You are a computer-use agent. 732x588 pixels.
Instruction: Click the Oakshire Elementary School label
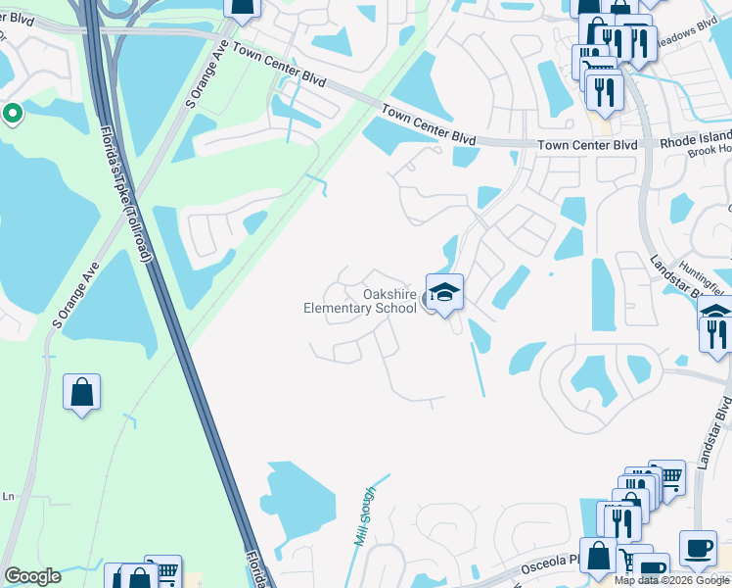[361, 301]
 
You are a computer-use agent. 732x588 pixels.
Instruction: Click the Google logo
[32, 576]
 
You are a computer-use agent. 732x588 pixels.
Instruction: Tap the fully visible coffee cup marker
[698, 549]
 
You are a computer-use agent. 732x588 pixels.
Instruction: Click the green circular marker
[12, 115]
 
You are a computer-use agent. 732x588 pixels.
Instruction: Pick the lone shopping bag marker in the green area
[82, 394]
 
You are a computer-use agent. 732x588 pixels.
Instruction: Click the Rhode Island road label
[695, 143]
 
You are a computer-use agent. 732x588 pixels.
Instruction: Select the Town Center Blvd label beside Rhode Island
[586, 145]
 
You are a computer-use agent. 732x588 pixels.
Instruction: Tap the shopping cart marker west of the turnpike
[164, 570]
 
